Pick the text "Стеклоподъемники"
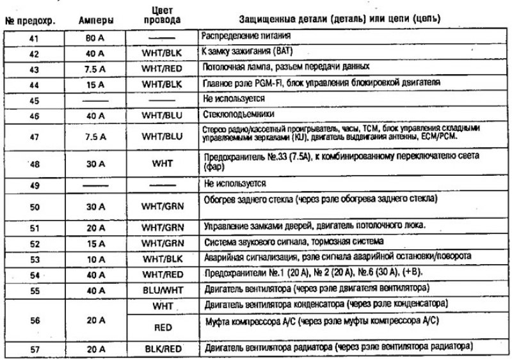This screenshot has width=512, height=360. click(x=232, y=115)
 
